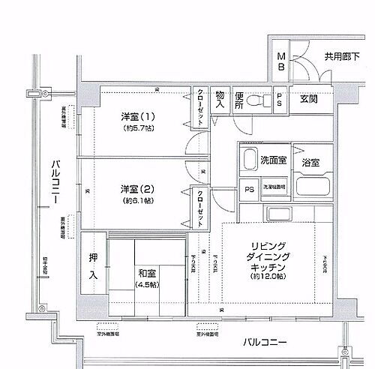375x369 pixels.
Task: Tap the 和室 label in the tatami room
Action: tap(147, 273)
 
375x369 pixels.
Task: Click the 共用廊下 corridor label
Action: tap(342, 56)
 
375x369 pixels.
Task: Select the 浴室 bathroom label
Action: tap(310, 162)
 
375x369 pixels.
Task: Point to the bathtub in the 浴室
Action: tap(310, 187)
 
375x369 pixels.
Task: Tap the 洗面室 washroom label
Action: tap(273, 160)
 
